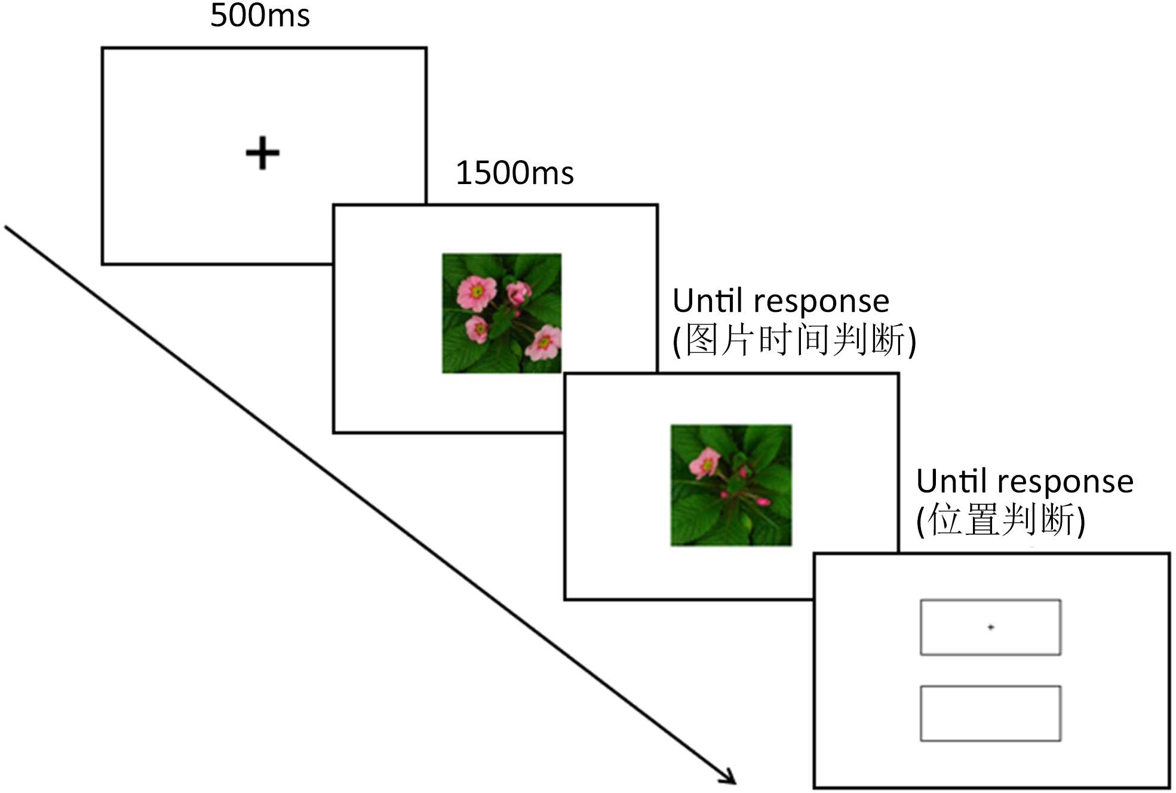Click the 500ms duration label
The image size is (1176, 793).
[260, 16]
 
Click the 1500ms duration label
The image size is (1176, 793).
[514, 173]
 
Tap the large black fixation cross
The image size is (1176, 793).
[262, 154]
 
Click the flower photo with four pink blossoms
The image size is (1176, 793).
[501, 313]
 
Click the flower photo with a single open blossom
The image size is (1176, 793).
[730, 485]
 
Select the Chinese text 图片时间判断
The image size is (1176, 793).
[794, 340]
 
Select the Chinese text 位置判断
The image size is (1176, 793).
[1000, 519]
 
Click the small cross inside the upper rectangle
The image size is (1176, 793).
[990, 627]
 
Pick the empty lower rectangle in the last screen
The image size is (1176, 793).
[990, 713]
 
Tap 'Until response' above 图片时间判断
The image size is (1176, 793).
[781, 301]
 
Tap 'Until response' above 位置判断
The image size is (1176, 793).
[1024, 482]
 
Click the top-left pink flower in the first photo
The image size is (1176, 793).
[476, 292]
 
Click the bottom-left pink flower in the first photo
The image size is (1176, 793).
[477, 329]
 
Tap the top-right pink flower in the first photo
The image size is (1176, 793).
[518, 293]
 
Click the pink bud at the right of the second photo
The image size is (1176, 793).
[763, 501]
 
